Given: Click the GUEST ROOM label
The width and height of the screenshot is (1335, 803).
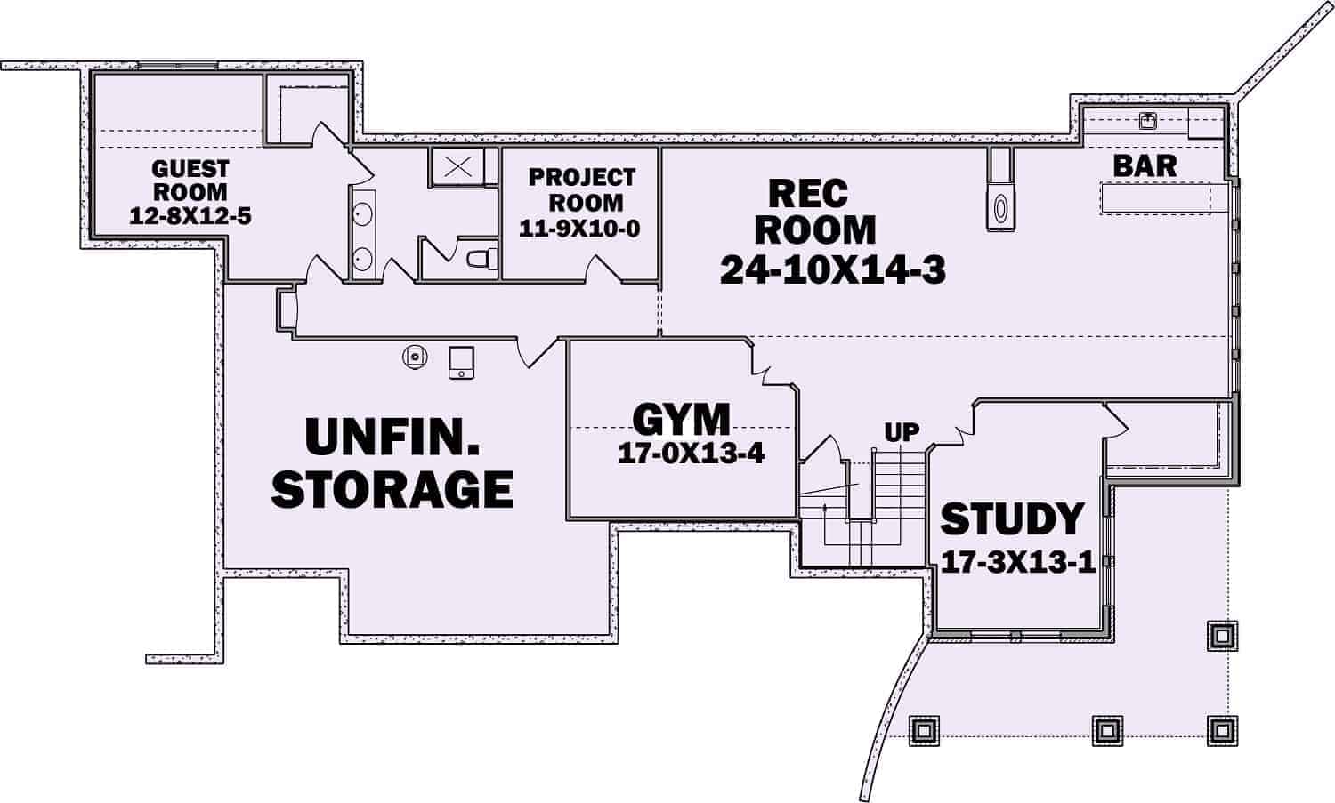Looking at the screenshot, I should pyautogui.click(x=190, y=180).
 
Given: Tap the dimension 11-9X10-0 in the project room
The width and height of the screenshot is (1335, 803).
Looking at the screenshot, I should pyautogui.click(x=579, y=229).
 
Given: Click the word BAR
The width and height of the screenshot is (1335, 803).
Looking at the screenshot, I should pyautogui.click(x=1145, y=165).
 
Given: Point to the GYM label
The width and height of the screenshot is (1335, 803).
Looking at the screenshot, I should pyautogui.click(x=681, y=419).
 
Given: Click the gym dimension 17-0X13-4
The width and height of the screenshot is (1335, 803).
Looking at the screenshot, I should pyautogui.click(x=691, y=454).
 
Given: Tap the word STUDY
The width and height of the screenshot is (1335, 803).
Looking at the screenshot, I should pyautogui.click(x=1012, y=519).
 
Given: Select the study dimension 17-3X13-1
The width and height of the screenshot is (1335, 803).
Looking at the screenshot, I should pyautogui.click(x=1016, y=563).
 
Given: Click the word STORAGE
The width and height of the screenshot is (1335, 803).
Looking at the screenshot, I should pyautogui.click(x=392, y=488).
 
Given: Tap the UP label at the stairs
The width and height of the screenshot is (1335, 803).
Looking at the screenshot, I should pyautogui.click(x=902, y=433).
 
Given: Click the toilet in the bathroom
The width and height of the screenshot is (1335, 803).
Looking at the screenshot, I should pyautogui.click(x=480, y=259).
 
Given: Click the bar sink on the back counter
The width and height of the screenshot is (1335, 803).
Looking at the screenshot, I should pyautogui.click(x=1147, y=120).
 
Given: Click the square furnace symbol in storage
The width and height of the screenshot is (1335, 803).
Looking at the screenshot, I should pyautogui.click(x=461, y=362).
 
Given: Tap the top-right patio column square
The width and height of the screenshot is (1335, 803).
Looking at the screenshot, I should pyautogui.click(x=1219, y=634).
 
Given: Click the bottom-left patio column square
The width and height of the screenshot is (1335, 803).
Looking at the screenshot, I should pyautogui.click(x=923, y=729).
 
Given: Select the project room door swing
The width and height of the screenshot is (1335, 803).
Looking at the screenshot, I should pyautogui.click(x=602, y=269).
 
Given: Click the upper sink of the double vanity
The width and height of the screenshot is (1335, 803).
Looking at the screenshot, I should pyautogui.click(x=363, y=214).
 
